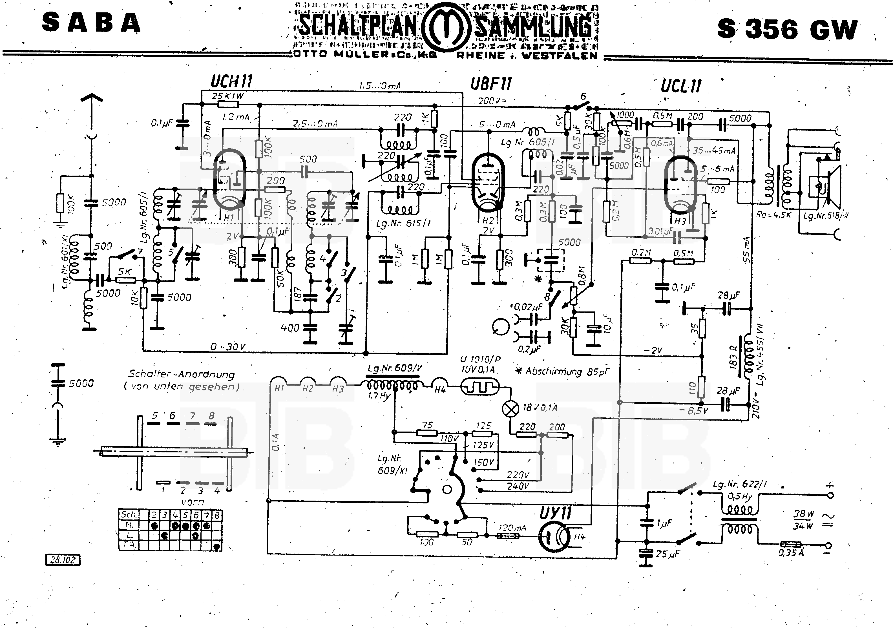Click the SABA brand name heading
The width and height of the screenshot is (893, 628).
pos(90,23)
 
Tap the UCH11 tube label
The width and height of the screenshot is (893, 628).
pos(231,82)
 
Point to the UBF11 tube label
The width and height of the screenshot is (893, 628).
pos(491,84)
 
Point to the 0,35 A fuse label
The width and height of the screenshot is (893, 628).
pos(791,552)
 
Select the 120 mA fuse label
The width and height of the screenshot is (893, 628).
pos(512,528)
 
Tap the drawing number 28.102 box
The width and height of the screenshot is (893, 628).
pos(63,560)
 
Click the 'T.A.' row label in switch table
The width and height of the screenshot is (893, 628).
pos(129,545)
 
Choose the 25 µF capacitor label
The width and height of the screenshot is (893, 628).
pos(667,554)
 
